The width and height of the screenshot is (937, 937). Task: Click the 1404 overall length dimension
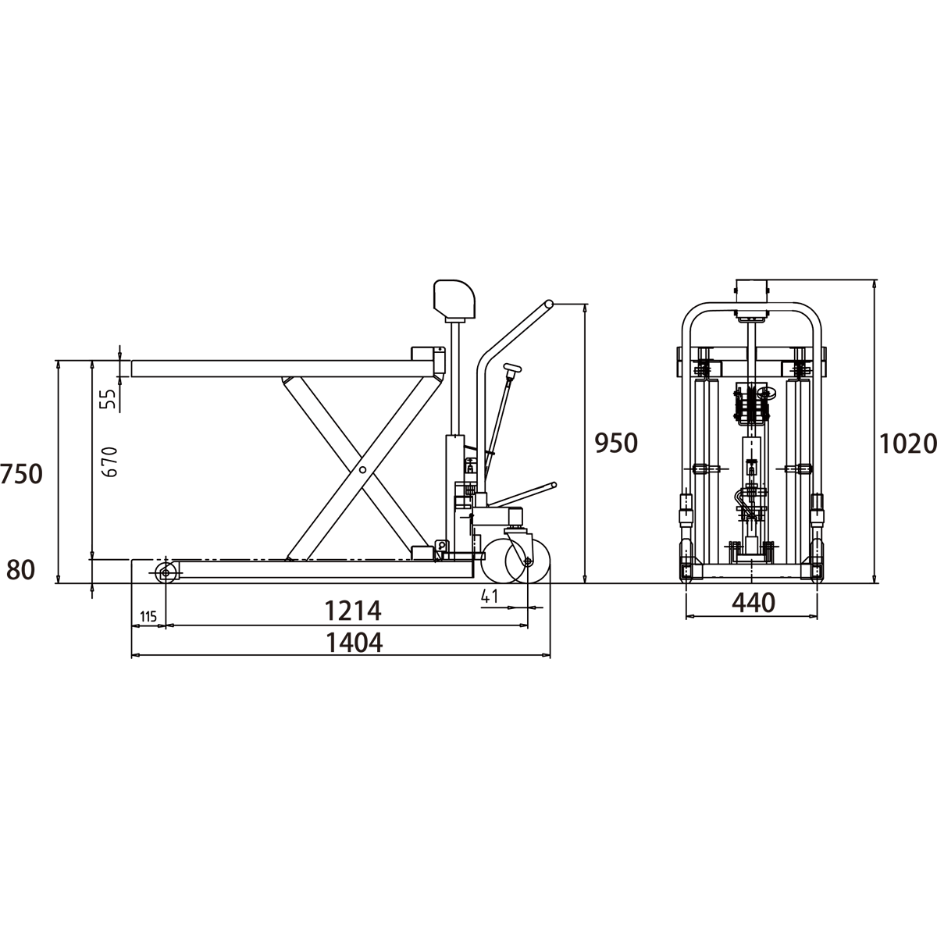354,643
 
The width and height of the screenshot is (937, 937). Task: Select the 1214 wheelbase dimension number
353,611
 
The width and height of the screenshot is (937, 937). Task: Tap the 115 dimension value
148,617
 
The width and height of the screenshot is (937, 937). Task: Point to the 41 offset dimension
490,596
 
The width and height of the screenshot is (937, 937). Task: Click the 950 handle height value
616,444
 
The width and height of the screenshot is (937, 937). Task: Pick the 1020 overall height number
908,444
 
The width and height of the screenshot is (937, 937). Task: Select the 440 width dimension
754,604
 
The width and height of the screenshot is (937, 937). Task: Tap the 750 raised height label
21,475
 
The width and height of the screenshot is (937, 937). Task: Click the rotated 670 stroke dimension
111,462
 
